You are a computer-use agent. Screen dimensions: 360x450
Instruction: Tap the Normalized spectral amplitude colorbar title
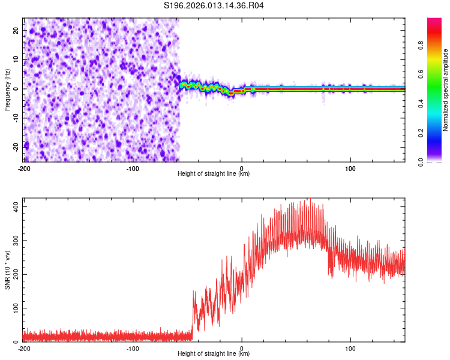(446, 90)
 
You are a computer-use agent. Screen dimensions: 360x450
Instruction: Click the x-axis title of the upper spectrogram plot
(214, 173)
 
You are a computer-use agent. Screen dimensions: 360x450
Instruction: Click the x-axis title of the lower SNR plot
(214, 355)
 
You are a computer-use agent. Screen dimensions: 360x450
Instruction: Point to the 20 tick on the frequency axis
(17, 32)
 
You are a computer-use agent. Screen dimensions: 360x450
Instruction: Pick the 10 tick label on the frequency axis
(17, 61)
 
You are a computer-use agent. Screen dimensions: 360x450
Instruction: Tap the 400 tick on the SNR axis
(14, 206)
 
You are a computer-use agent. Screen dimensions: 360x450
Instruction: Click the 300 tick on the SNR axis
(14, 240)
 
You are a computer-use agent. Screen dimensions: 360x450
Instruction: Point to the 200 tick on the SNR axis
(14, 274)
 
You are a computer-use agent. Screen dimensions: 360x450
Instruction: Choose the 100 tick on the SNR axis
(14, 308)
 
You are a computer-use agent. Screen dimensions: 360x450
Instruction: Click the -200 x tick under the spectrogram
(24, 167)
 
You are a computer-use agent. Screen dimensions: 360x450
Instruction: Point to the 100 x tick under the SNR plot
(350, 348)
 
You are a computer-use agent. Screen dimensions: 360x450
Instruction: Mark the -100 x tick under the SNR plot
(133, 348)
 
